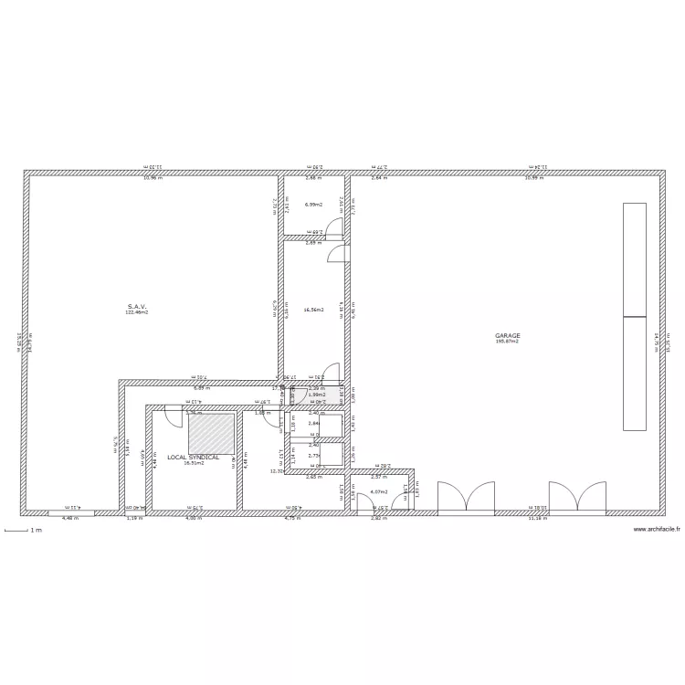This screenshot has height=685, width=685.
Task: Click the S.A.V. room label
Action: (137, 306)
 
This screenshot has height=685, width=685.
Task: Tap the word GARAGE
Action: (508, 335)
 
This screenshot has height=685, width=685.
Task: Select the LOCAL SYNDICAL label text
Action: (194, 457)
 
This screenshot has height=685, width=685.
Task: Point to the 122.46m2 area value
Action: (137, 312)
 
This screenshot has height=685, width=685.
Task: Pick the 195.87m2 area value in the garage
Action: (508, 342)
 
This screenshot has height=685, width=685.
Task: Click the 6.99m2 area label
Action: (314, 205)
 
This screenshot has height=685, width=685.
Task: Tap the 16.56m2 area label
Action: (314, 310)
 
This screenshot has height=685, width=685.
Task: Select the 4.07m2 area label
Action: (379, 492)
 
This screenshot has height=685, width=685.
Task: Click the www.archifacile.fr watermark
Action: (657, 529)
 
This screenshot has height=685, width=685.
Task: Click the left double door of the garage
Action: (466, 498)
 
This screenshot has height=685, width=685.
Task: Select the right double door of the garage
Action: (577, 498)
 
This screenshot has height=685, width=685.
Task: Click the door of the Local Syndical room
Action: (172, 418)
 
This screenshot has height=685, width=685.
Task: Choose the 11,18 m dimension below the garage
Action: (538, 518)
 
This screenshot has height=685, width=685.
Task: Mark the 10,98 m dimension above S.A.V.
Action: (153, 177)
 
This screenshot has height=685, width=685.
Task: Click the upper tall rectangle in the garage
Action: (634, 259)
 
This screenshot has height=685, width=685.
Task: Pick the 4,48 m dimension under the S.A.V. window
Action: (70, 518)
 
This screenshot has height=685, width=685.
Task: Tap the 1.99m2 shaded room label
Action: (317, 395)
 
